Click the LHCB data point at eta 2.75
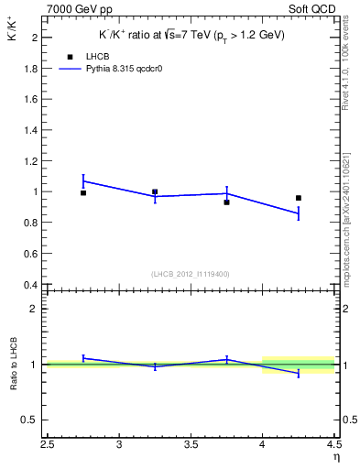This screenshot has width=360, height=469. click(x=83, y=193)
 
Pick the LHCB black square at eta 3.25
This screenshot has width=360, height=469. click(x=155, y=192)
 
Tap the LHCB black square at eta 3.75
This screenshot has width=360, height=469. click(x=226, y=202)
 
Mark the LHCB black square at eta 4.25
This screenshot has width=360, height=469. click(x=298, y=198)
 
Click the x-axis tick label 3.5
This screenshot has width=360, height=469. click(x=191, y=446)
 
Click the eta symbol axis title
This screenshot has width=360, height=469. click(x=335, y=458)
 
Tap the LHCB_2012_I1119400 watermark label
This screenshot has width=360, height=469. click(x=190, y=274)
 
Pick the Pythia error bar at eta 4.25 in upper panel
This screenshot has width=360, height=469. click(x=298, y=213)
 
